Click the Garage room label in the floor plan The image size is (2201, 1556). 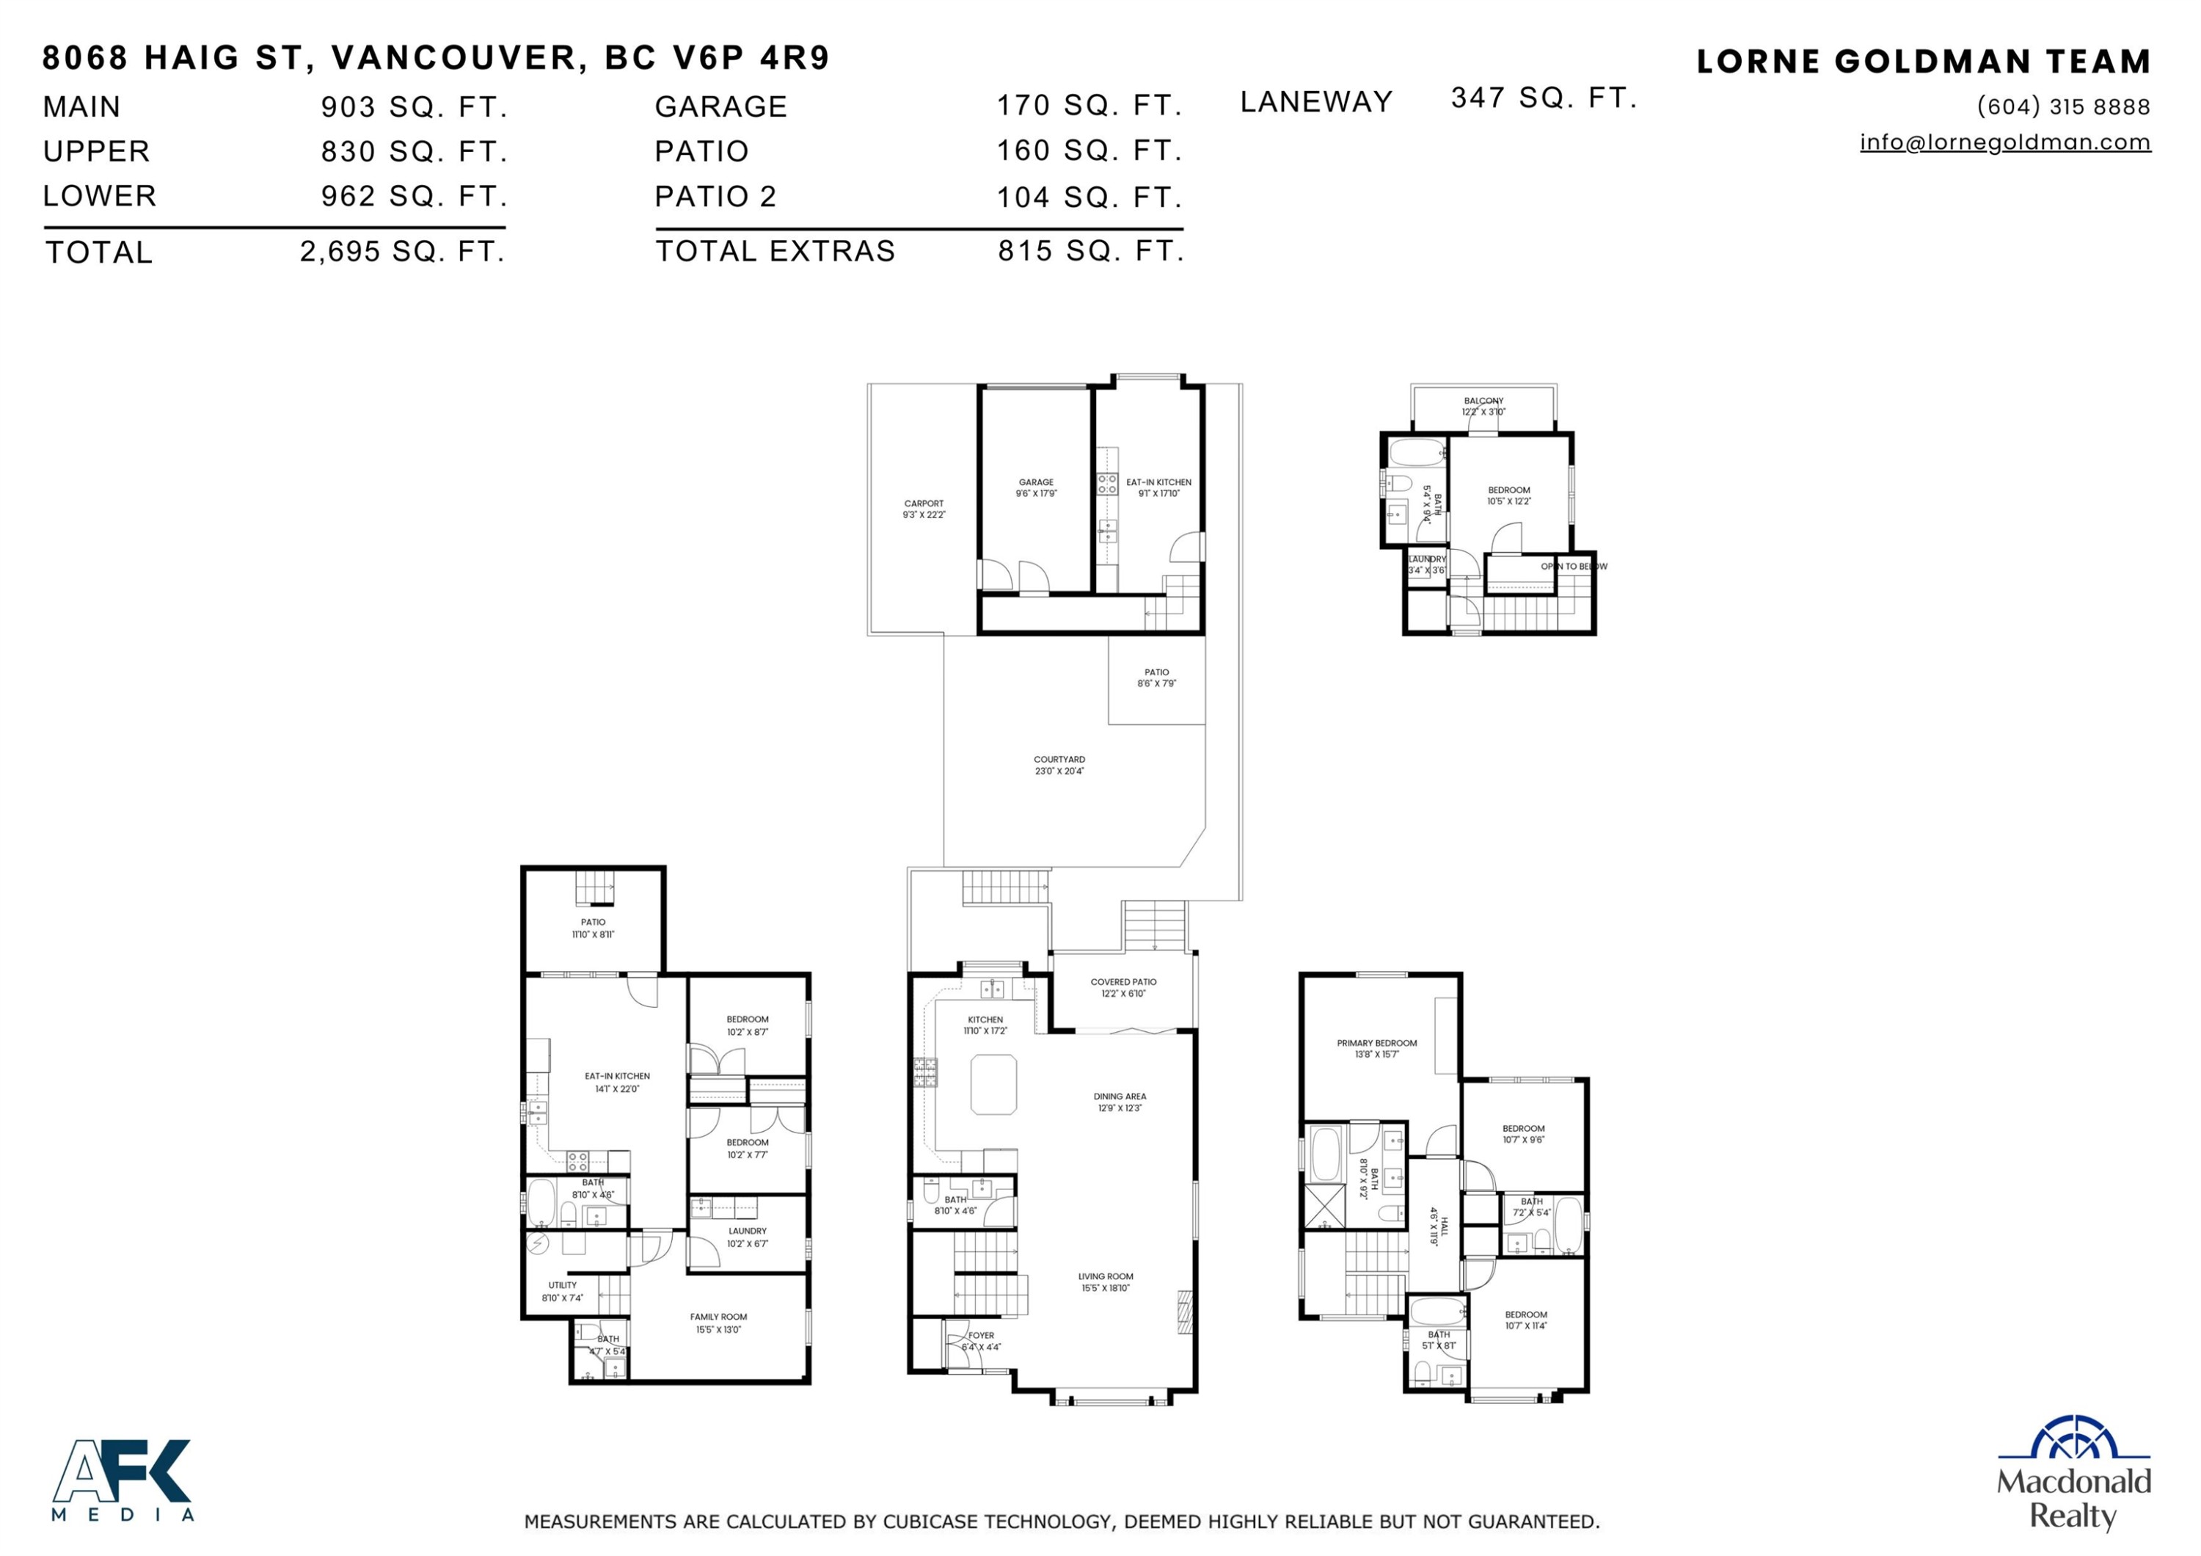pyautogui.click(x=1035, y=487)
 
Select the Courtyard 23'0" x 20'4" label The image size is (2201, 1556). pyautogui.click(x=1059, y=764)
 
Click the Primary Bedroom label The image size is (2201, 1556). pyautogui.click(x=1376, y=1048)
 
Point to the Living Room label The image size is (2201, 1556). pyautogui.click(x=1106, y=1281)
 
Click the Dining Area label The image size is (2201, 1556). pyautogui.click(x=1120, y=1102)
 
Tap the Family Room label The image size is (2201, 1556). pyautogui.click(x=718, y=1322)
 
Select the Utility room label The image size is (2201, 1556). pyautogui.click(x=563, y=1290)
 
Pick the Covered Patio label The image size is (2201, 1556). pyautogui.click(x=1123, y=987)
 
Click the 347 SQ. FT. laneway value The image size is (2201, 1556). pyautogui.click(x=1544, y=98)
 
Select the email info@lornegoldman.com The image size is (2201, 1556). pyautogui.click(x=2004, y=142)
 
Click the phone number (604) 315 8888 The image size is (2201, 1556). pyautogui.click(x=2063, y=106)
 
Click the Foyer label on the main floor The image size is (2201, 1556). pyautogui.click(x=981, y=1340)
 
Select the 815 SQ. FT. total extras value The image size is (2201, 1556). pyautogui.click(x=1090, y=250)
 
